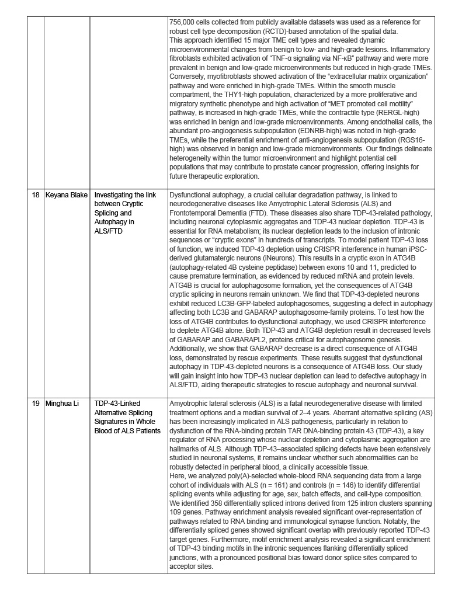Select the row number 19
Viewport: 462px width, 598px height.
(x=36, y=404)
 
